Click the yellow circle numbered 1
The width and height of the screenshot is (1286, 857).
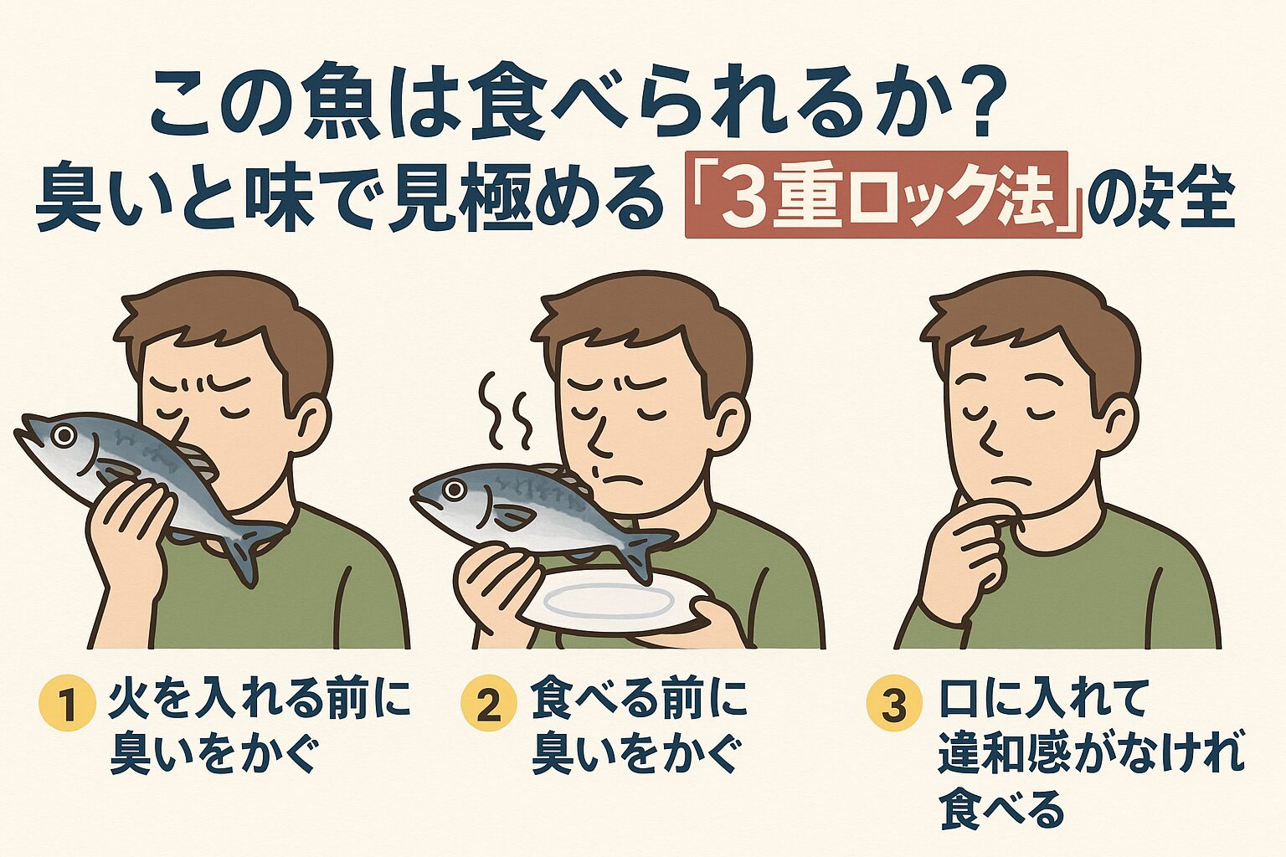(x=65, y=705)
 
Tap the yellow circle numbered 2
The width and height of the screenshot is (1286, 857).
(x=487, y=705)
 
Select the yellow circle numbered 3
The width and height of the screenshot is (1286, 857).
(x=893, y=705)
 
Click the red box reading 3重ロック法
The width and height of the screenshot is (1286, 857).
(x=882, y=195)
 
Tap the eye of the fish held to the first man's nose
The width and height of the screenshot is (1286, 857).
(x=63, y=434)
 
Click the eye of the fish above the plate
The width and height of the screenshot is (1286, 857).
(x=455, y=490)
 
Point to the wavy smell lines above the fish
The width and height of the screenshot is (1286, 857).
(x=507, y=413)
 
